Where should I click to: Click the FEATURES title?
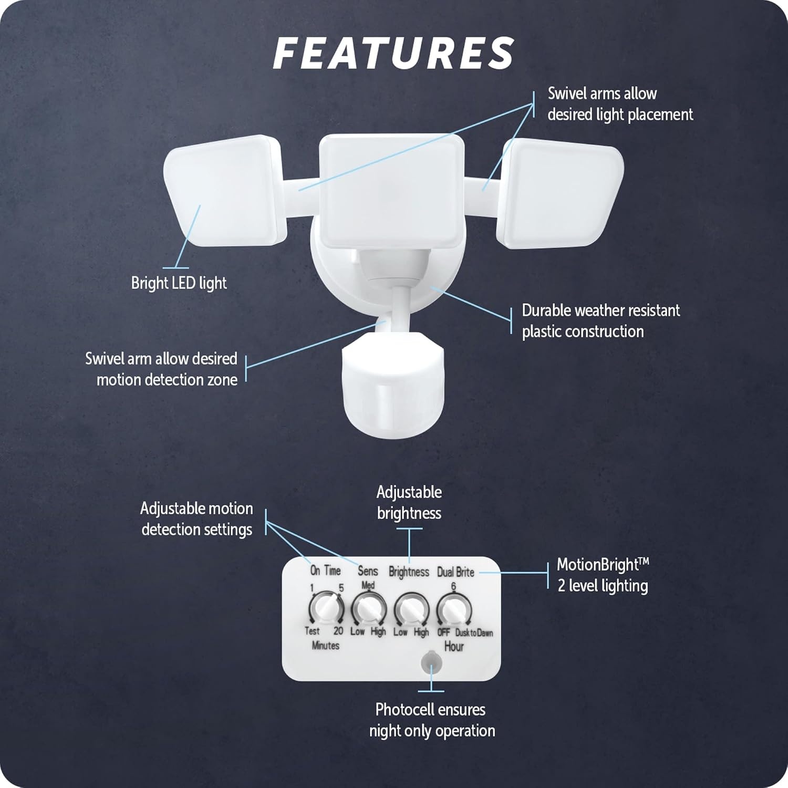pos(393,53)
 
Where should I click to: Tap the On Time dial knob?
pos(326,609)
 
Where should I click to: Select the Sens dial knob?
pos(368,609)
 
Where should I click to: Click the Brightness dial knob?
pos(411,609)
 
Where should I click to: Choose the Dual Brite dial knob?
pos(454,609)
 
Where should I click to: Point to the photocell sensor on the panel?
pos(431,662)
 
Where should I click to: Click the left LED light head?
pos(225,191)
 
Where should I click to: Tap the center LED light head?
pos(392,191)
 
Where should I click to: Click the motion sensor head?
pos(392,384)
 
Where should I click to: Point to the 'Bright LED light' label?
pos(179,283)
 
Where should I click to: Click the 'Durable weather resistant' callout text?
pos(601,310)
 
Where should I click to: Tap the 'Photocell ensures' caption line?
pos(430,710)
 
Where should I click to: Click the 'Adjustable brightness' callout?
pos(409,503)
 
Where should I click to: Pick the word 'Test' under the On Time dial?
pos(312,631)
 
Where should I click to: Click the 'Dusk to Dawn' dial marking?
pos(474,633)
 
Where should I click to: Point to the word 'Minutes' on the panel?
pos(326,646)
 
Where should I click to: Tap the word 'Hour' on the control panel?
pos(454,647)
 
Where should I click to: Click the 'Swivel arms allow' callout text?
pos(602,94)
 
